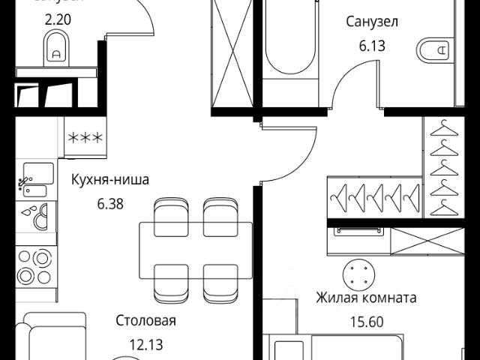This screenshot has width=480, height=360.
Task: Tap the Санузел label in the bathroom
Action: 371,22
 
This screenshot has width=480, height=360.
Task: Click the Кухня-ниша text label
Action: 111,180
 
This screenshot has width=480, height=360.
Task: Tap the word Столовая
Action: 145,322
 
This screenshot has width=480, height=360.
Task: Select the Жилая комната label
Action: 366,298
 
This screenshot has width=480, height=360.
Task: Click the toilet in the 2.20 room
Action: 55,52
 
